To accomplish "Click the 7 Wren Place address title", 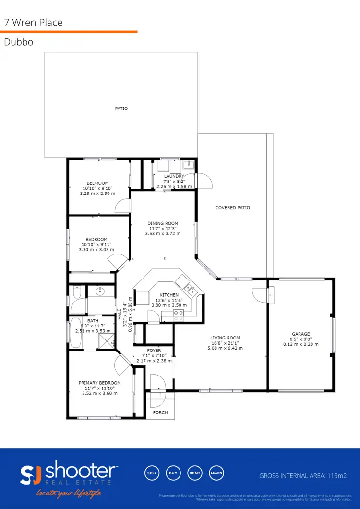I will [33, 23].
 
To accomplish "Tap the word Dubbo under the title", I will [18, 42].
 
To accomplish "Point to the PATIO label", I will [121, 109].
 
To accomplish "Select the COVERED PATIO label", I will [232, 208].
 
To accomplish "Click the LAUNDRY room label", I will [174, 176].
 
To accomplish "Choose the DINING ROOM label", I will [163, 223].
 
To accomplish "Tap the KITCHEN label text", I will [169, 295].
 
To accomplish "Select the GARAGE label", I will [301, 334].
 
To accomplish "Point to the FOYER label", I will [154, 351].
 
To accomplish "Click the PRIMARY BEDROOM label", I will [100, 383].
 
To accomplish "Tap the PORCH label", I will [160, 412].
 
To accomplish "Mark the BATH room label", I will [93, 320].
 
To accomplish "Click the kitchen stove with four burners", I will [178, 315].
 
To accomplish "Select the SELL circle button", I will [152, 473].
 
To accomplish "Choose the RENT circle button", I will [194, 473].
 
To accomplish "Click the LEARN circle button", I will [216, 473].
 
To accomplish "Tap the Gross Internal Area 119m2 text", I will [303, 476].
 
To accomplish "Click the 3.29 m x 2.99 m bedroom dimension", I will [97, 194].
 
